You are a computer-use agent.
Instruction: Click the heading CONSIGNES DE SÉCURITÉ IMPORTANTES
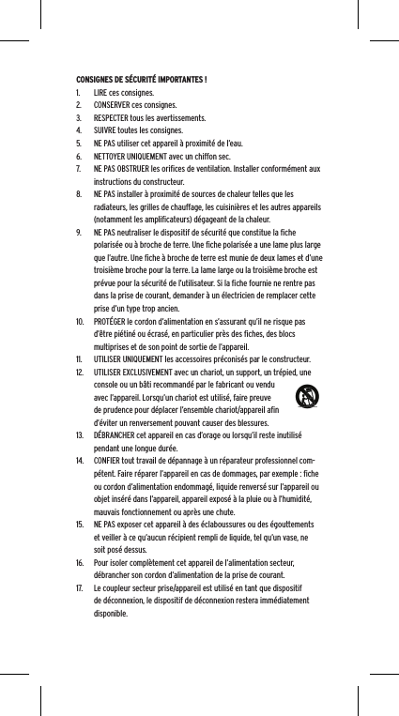click(142, 78)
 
